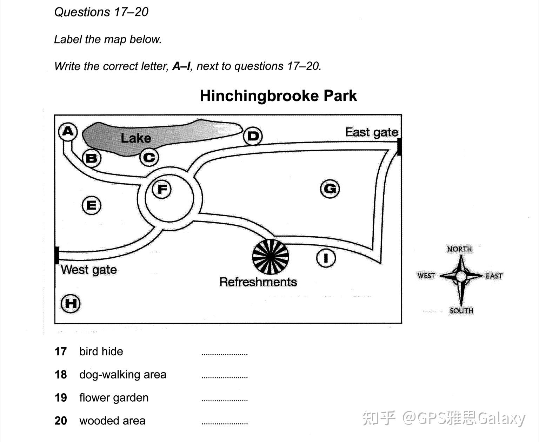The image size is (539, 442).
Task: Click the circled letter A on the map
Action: click(68, 132)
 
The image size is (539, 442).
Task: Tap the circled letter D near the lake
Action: click(253, 136)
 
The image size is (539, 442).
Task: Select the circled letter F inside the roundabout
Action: click(161, 189)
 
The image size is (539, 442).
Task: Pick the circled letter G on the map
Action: click(330, 189)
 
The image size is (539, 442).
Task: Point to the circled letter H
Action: click(71, 304)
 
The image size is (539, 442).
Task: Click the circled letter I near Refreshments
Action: click(326, 258)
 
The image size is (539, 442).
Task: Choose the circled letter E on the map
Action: click(92, 205)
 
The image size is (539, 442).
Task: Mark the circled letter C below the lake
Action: click(149, 158)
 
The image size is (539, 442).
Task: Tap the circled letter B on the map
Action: click(92, 158)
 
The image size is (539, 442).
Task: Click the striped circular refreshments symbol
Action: click(271, 257)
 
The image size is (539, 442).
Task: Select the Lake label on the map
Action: click(136, 138)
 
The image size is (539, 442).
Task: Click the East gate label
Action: click(372, 132)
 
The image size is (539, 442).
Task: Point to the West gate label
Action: click(89, 270)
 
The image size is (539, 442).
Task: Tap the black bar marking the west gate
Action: click(57, 255)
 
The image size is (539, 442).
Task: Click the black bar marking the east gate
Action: click(399, 147)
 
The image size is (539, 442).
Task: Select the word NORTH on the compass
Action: click(459, 249)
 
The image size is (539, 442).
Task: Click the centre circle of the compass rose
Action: click(461, 276)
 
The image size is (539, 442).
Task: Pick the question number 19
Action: click(61, 398)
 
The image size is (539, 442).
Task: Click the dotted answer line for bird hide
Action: click(225, 355)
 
